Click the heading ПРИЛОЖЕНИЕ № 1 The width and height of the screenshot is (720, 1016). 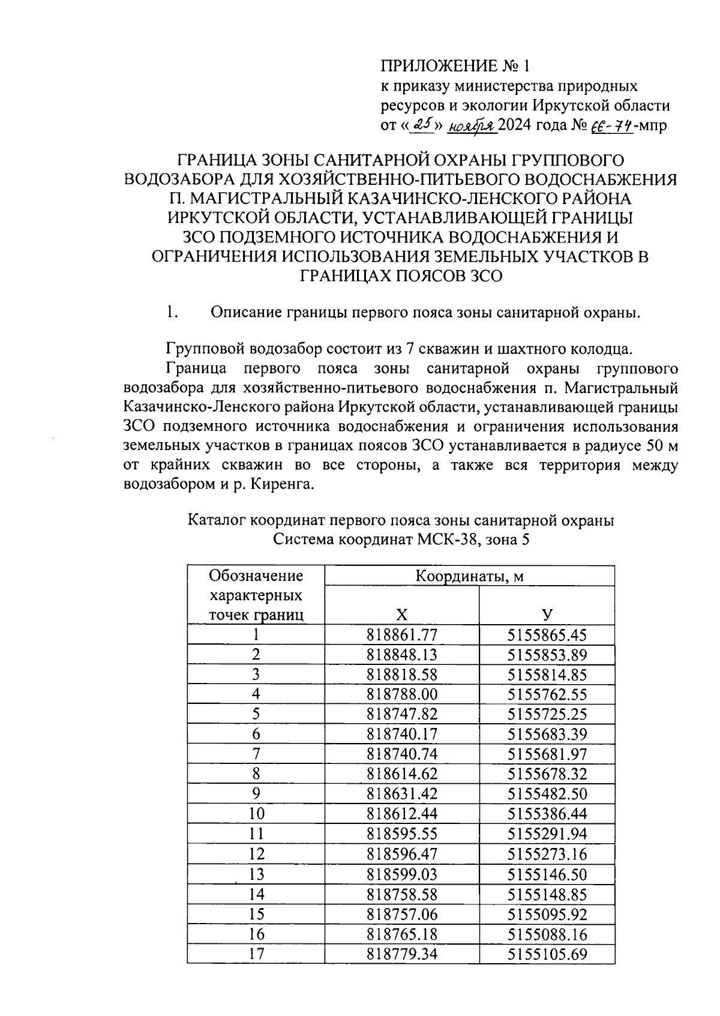(456, 65)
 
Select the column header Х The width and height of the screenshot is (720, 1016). (401, 614)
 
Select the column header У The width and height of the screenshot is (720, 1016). (547, 614)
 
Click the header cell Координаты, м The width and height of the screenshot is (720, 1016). (469, 576)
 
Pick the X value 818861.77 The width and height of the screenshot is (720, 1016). (401, 635)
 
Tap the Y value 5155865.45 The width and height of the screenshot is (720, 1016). (547, 635)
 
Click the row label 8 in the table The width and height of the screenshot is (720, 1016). (256, 774)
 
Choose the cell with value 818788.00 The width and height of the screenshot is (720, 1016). (401, 694)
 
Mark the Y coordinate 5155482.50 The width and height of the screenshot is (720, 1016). (547, 793)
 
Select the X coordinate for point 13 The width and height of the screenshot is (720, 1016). (401, 874)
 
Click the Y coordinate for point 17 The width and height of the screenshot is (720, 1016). (547, 954)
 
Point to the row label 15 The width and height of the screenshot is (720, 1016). (256, 914)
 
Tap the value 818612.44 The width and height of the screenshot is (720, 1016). (401, 814)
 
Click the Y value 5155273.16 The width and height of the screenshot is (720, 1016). (547, 853)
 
